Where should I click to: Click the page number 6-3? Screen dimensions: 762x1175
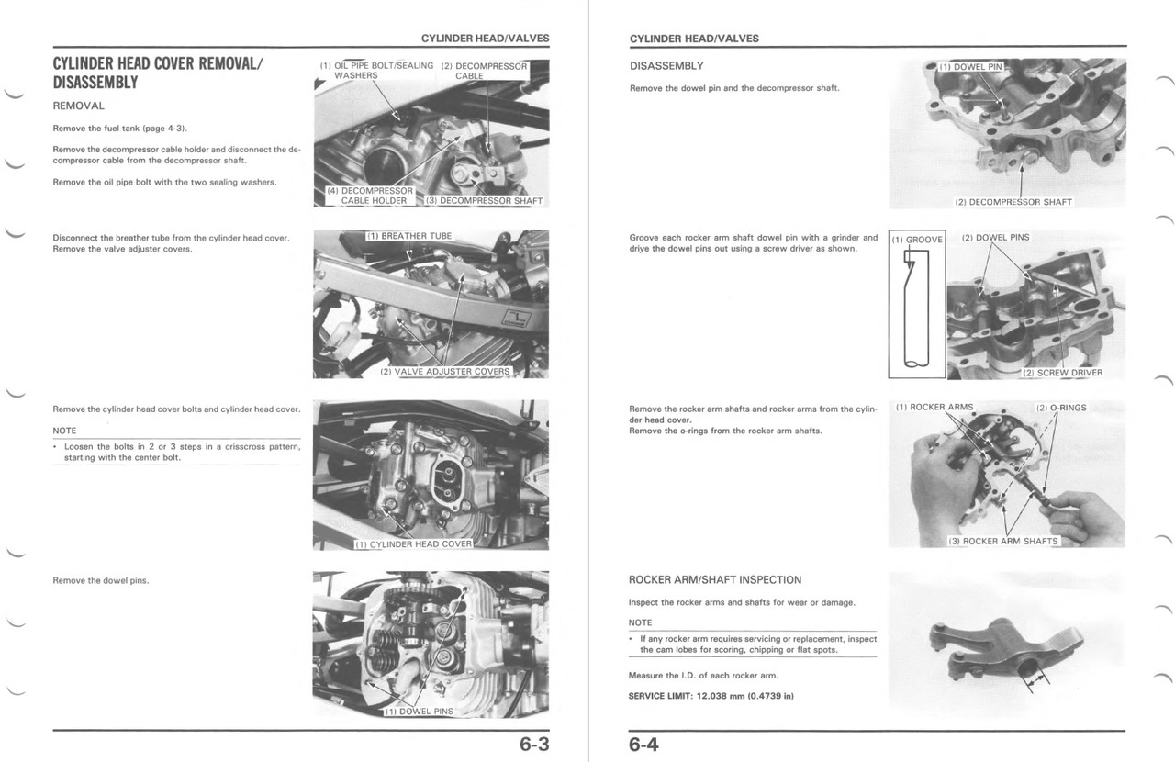click(x=533, y=745)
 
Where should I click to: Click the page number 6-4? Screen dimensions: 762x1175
click(x=644, y=745)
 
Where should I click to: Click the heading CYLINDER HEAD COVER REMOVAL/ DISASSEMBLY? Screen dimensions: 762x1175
click(x=158, y=73)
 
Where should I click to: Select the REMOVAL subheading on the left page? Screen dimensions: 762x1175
click(x=79, y=106)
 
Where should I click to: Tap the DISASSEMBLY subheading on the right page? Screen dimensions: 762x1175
click(x=666, y=66)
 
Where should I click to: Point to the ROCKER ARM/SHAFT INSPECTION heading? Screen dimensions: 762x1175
click(x=714, y=579)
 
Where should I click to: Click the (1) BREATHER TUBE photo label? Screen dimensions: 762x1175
click(x=409, y=236)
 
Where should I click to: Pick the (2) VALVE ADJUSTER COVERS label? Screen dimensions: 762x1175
click(x=445, y=372)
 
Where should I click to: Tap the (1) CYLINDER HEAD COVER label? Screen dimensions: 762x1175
click(x=414, y=543)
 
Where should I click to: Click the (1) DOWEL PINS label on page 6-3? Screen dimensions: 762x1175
click(x=419, y=712)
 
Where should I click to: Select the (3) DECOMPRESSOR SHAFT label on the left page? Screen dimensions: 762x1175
click(x=484, y=200)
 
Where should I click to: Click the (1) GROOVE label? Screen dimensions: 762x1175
click(x=917, y=240)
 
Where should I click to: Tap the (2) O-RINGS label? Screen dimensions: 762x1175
click(x=1061, y=408)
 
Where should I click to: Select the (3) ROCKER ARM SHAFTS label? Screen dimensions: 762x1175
click(x=1002, y=541)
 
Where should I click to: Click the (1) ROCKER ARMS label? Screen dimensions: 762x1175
click(x=934, y=407)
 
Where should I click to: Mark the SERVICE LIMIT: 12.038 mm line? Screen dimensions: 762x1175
click(x=711, y=696)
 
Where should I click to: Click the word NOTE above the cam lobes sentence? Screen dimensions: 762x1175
click(x=641, y=622)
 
